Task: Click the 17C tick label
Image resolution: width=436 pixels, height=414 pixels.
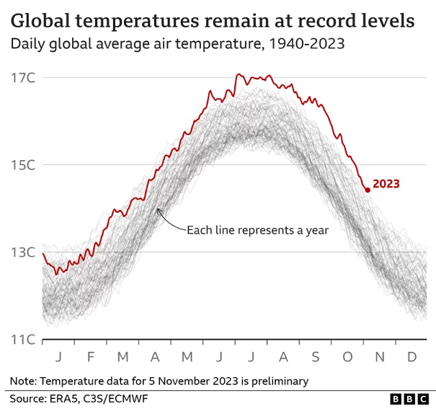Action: click(x=22, y=77)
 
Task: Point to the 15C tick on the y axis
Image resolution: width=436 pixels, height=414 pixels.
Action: click(x=22, y=164)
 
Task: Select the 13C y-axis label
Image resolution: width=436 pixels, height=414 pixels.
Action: click(x=22, y=252)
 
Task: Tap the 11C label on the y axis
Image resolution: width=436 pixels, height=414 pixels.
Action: click(x=22, y=340)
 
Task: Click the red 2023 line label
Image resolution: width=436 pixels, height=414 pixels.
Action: click(x=386, y=184)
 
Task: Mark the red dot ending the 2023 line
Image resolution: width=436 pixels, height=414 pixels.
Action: click(x=368, y=190)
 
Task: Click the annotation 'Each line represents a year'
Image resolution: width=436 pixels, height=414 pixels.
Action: click(x=257, y=231)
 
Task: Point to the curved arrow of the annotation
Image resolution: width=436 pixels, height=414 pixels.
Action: click(x=170, y=221)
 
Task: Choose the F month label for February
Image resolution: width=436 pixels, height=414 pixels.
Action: click(x=91, y=357)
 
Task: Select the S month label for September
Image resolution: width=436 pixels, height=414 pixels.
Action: click(x=314, y=357)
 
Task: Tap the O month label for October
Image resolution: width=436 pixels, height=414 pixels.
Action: click(x=346, y=357)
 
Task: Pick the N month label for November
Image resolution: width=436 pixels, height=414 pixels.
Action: click(x=378, y=357)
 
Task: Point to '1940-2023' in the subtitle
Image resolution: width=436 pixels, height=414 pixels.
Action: click(x=307, y=44)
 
